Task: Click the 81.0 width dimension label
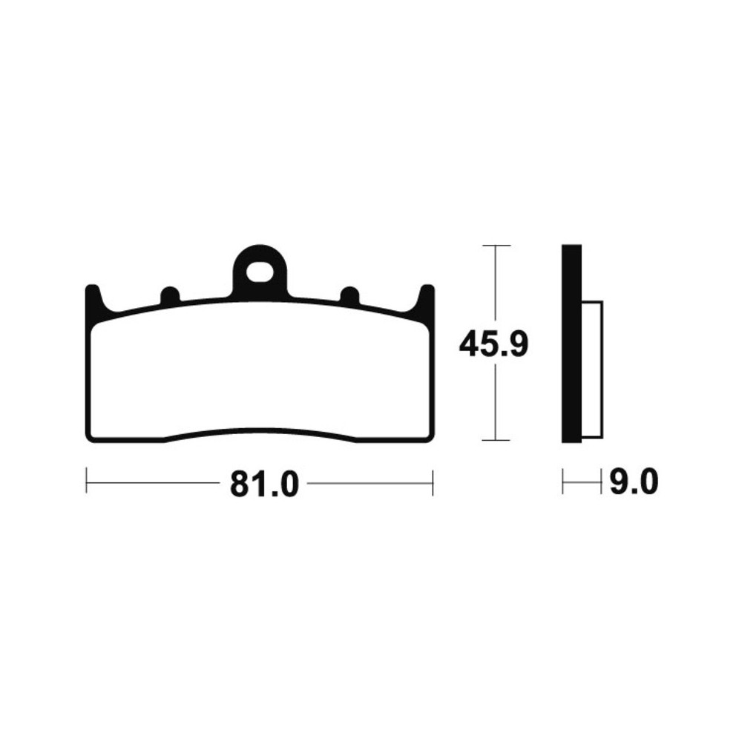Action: click(265, 484)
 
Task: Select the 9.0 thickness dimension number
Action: click(634, 482)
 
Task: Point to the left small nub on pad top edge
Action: click(170, 295)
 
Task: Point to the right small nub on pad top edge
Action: click(350, 295)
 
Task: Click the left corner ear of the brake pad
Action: click(95, 298)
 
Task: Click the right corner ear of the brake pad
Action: click(425, 298)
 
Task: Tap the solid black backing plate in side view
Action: click(571, 344)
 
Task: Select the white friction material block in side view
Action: click(592, 369)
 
